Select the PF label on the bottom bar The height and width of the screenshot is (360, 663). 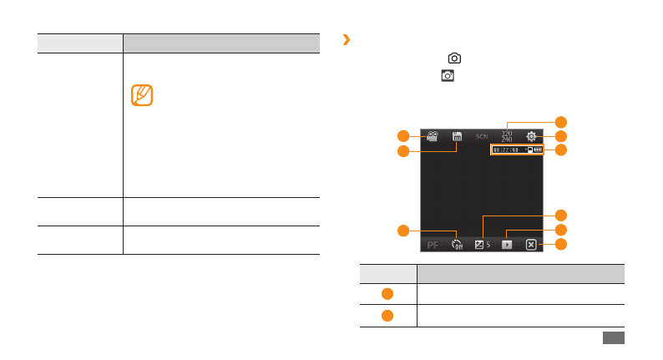point(433,245)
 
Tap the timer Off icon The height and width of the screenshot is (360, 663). point(457,245)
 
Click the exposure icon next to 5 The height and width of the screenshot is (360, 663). point(479,245)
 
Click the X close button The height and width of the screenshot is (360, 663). point(531,245)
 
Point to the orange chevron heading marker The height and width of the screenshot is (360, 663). point(347,39)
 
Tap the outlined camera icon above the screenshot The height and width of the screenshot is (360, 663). point(454,58)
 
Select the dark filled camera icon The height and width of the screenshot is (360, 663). point(448,76)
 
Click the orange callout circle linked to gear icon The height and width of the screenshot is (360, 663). point(561,135)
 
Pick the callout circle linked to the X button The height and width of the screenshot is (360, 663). point(561,244)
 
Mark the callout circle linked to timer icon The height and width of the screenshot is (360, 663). point(402,230)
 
